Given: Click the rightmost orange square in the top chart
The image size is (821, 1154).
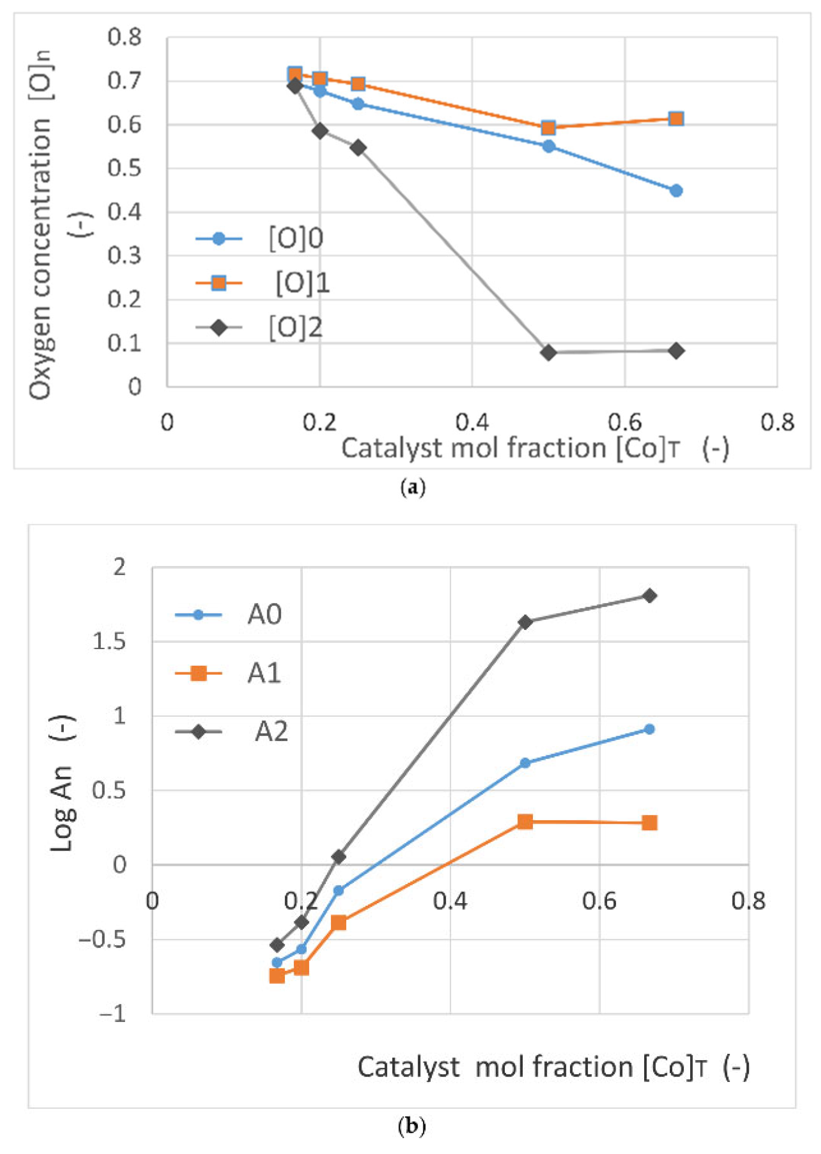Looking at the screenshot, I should (676, 119).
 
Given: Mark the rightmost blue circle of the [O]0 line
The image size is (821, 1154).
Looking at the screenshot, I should (676, 191).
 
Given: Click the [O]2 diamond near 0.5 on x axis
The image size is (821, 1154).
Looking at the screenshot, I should (548, 353).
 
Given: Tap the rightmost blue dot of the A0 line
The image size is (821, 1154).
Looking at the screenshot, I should (649, 729).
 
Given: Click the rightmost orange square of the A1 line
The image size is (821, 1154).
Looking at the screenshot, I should (649, 823).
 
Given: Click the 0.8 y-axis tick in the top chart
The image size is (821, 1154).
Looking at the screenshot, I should (124, 37).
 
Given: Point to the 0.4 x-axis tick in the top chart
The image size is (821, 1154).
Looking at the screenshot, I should (472, 422).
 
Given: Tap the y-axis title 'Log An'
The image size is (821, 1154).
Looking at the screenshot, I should (63, 808).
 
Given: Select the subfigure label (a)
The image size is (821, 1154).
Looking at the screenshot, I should (412, 487).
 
